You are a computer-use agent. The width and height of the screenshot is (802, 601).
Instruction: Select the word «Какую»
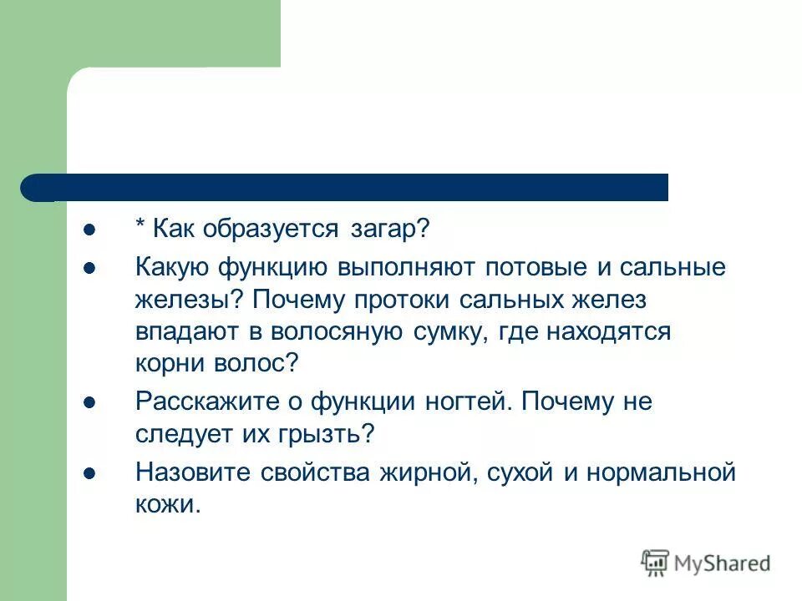coord(173,269)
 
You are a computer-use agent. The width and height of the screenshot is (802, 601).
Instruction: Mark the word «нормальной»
coord(664,473)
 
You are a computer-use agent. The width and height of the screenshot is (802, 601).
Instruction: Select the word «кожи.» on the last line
coord(168,505)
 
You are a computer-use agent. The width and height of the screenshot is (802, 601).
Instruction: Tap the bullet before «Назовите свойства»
coord(89,473)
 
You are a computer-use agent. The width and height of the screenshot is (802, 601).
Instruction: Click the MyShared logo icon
coord(655,563)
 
